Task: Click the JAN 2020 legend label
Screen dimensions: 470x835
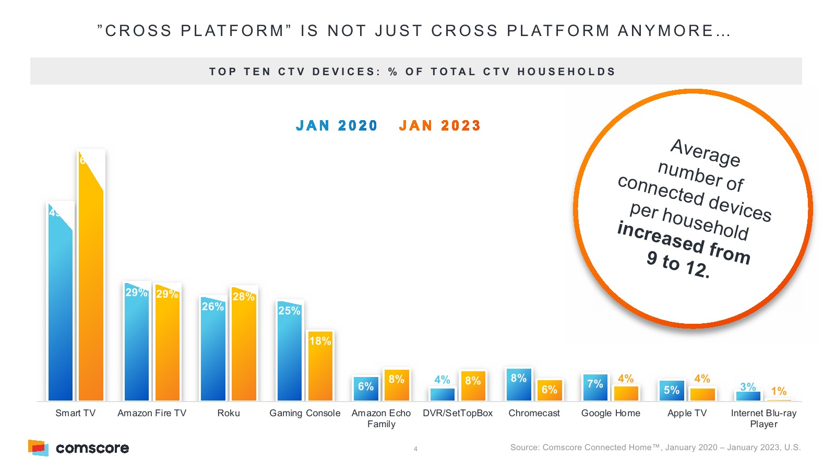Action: point(336,126)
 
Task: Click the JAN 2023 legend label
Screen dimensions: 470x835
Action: point(439,126)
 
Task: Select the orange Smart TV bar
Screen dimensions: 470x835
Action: point(91,292)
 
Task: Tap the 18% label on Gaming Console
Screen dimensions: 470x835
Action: point(320,341)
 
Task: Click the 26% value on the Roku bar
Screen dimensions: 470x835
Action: point(213,307)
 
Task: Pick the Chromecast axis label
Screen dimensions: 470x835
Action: point(534,413)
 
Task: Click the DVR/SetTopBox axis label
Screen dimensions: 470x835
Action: point(458,413)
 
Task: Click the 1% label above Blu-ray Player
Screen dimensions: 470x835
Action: point(779,391)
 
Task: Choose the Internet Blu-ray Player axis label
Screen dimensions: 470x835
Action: point(764,418)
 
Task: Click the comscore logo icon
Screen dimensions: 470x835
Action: point(38,448)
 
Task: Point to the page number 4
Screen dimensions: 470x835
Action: point(415,449)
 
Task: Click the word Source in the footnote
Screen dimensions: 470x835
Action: point(524,448)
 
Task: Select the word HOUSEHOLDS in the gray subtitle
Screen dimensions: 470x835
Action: point(566,72)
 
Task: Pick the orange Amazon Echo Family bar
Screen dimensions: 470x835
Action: point(397,386)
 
